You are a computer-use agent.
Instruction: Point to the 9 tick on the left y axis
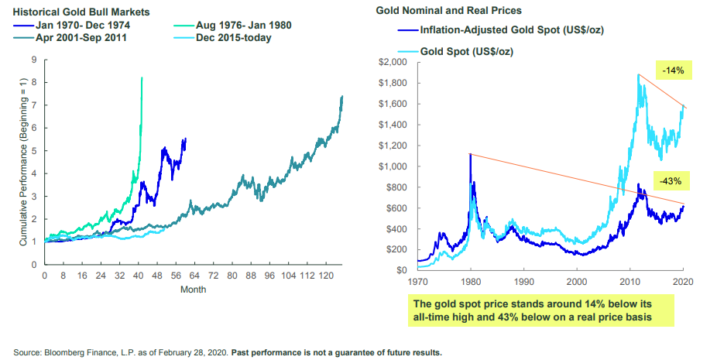(33, 60)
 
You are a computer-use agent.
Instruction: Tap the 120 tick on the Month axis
(328, 275)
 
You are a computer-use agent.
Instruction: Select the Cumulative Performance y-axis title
(22, 162)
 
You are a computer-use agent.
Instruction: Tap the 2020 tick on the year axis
(682, 282)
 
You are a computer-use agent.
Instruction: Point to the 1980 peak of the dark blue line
(469, 155)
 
